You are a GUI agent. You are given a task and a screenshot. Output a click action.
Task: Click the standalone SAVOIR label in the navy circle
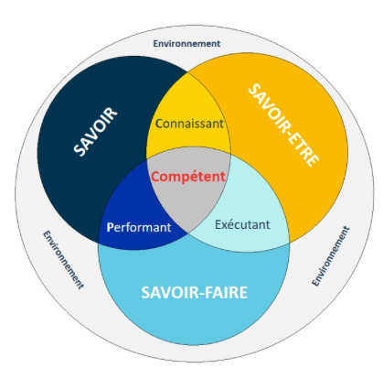pos(95,132)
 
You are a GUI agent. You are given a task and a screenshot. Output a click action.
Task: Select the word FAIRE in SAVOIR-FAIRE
pos(226,292)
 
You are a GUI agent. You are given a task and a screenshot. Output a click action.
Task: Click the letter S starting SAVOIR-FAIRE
pos(145,292)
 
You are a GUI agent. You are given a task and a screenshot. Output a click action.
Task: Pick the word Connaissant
pos(189,124)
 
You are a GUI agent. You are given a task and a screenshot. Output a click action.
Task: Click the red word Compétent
pos(188,177)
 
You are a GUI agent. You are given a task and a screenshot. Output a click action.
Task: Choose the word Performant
pos(139,227)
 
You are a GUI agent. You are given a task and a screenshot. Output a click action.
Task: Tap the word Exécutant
pos(242,224)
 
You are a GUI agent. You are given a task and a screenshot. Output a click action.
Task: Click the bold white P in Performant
pos(110,227)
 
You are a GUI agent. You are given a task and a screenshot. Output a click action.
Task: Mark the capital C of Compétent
pos(155,177)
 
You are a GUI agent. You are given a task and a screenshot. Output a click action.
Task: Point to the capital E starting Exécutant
pos(218,224)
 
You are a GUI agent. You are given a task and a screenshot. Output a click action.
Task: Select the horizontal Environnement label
pos(186,44)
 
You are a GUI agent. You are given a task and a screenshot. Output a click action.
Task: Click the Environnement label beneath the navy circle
pos(63,260)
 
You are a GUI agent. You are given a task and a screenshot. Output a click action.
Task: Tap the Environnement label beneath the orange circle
pos(331,256)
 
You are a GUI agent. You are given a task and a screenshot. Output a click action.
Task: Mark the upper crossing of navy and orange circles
pos(187,71)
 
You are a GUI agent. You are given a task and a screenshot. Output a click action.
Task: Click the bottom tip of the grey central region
pos(187,233)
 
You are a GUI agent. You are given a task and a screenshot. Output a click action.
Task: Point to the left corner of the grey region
pos(147,158)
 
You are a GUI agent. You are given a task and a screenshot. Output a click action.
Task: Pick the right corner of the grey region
pos(230,155)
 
